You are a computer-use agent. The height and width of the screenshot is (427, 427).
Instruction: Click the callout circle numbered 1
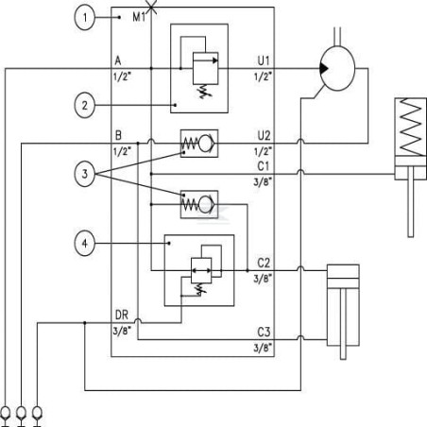[84, 17]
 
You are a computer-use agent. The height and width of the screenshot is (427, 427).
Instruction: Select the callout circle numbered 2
[84, 105]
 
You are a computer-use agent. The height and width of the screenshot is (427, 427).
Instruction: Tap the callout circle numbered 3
[84, 174]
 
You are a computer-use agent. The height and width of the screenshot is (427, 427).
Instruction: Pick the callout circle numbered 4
[84, 243]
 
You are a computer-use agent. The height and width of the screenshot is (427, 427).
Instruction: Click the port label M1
[139, 17]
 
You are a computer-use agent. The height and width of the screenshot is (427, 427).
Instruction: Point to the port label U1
[264, 60]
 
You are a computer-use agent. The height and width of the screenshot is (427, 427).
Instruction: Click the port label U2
[264, 136]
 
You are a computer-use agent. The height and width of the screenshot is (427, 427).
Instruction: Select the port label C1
[264, 166]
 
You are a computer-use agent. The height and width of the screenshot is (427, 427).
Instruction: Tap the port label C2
[264, 263]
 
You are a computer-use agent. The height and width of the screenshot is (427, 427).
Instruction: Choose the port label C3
[264, 332]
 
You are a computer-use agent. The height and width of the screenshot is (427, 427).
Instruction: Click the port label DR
[122, 315]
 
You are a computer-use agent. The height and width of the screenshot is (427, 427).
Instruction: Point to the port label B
[118, 135]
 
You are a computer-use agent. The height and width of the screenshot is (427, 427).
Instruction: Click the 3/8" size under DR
[123, 331]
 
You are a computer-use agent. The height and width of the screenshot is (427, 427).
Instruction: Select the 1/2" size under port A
[122, 77]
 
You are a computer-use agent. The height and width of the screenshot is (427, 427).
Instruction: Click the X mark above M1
[151, 7]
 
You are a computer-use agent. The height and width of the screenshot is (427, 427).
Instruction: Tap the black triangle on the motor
[324, 68]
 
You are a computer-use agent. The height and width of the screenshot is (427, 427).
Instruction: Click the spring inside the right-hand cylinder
[411, 127]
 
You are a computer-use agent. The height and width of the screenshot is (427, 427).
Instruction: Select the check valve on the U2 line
[199, 144]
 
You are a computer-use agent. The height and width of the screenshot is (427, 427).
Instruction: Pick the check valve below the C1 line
[199, 204]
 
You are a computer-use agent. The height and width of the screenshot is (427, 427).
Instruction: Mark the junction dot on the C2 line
[248, 270]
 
